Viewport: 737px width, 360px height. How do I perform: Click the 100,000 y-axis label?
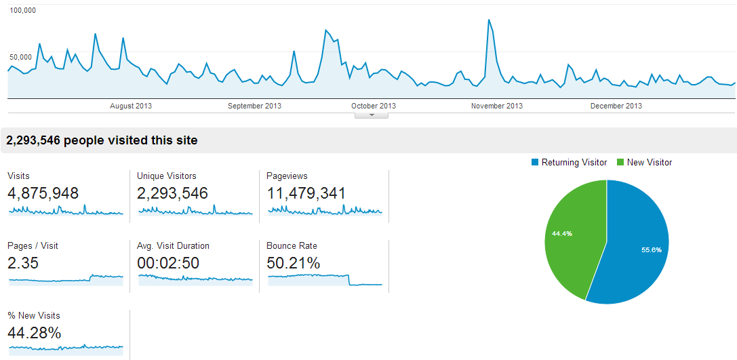[x=22, y=11]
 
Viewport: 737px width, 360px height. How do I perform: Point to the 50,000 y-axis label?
[x=20, y=57]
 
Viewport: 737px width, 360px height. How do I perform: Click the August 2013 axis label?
[x=131, y=106]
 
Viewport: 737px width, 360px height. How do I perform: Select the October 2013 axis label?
[x=374, y=106]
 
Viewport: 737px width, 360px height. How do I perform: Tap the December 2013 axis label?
[x=616, y=106]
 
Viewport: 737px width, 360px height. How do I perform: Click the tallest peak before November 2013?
[x=489, y=20]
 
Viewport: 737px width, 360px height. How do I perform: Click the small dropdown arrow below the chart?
[x=371, y=115]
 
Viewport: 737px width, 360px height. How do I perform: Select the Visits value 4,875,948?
[x=43, y=193]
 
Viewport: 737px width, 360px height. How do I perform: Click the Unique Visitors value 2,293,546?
[x=172, y=193]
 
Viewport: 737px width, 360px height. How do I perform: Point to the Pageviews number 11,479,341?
[x=306, y=193]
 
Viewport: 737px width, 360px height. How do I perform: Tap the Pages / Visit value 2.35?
[x=23, y=263]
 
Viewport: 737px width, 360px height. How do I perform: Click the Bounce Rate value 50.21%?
[x=294, y=263]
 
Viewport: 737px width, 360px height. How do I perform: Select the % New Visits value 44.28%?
[x=35, y=333]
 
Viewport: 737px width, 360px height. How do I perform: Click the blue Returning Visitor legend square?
[x=535, y=163]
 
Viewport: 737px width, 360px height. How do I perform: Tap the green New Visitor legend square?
[x=620, y=163]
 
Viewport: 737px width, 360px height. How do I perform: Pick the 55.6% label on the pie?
[x=651, y=249]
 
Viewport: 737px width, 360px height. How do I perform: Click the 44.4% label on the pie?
[x=562, y=233]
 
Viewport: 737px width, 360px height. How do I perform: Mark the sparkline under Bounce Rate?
[x=325, y=279]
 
